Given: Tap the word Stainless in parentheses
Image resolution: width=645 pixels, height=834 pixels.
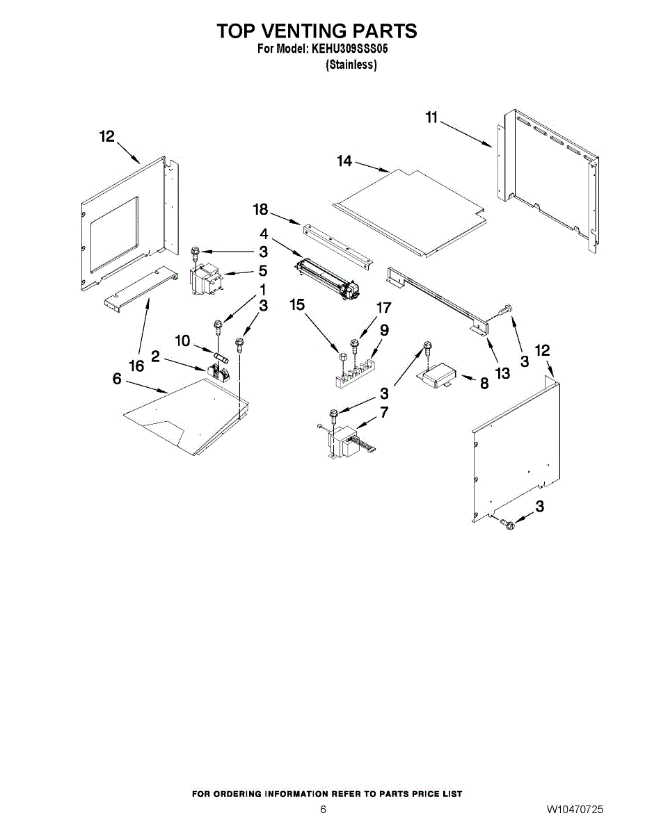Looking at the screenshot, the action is (351, 65).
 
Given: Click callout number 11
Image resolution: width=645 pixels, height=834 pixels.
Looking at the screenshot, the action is (432, 117).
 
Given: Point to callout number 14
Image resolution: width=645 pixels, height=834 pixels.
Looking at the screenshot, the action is (344, 161).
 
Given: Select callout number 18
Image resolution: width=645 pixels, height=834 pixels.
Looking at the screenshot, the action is (260, 210).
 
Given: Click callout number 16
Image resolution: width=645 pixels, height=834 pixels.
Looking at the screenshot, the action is (137, 366).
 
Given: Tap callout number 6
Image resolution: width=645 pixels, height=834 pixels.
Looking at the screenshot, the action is (117, 379).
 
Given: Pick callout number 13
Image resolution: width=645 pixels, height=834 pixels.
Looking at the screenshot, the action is (503, 373).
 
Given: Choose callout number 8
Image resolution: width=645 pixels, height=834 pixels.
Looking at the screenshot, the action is (484, 383).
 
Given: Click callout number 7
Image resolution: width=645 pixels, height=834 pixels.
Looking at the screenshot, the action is (384, 412).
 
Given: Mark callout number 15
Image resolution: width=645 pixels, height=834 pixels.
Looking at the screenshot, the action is (297, 304).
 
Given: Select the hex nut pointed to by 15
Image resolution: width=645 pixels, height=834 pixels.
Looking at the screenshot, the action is (342, 357).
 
